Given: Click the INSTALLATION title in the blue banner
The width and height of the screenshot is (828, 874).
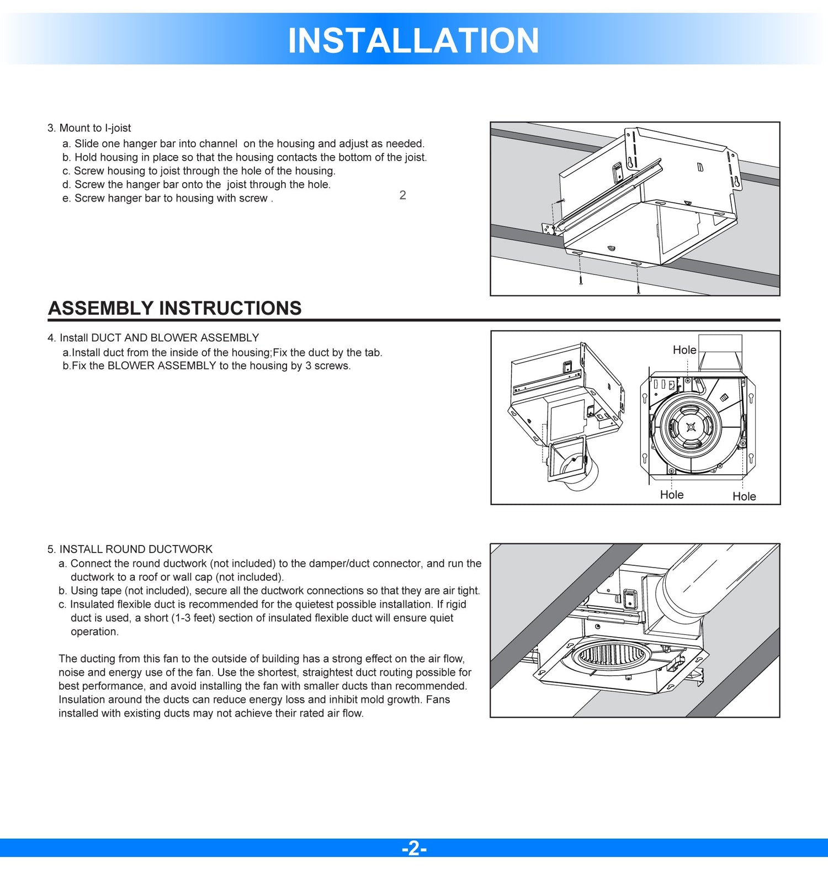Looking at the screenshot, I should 413,40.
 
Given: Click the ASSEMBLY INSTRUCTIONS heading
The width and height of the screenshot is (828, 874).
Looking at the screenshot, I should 175,308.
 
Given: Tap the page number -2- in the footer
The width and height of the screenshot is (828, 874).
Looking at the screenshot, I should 414,848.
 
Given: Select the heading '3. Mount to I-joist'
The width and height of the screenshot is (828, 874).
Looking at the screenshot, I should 89,128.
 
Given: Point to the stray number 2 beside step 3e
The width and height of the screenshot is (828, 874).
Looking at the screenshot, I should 403,195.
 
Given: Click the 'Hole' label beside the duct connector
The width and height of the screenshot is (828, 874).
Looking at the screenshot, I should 684,350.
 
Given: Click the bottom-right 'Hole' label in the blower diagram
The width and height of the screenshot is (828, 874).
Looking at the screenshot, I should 744,496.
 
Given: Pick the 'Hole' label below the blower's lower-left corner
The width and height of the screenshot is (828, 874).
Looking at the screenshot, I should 671,495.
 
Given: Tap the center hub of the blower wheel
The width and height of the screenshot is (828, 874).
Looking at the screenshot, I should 691,427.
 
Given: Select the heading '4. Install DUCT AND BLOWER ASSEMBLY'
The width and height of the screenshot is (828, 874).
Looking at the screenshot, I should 153,338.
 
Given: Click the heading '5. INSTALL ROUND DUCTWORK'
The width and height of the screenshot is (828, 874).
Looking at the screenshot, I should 130,549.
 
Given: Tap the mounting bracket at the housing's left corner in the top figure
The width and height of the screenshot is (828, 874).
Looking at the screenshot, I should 549,228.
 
